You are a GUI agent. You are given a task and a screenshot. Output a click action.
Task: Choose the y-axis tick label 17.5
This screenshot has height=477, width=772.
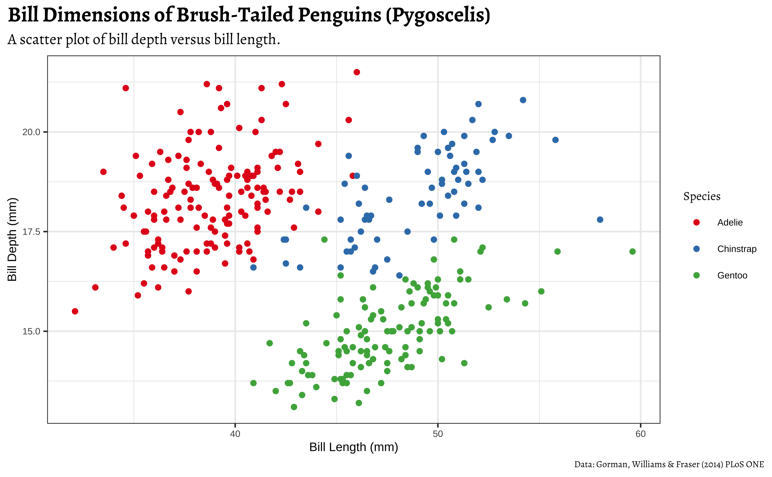[31, 232]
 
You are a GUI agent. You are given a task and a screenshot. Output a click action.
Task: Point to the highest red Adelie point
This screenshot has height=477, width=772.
[357, 72]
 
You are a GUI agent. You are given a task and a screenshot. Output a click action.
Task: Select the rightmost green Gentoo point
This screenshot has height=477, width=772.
[632, 251]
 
